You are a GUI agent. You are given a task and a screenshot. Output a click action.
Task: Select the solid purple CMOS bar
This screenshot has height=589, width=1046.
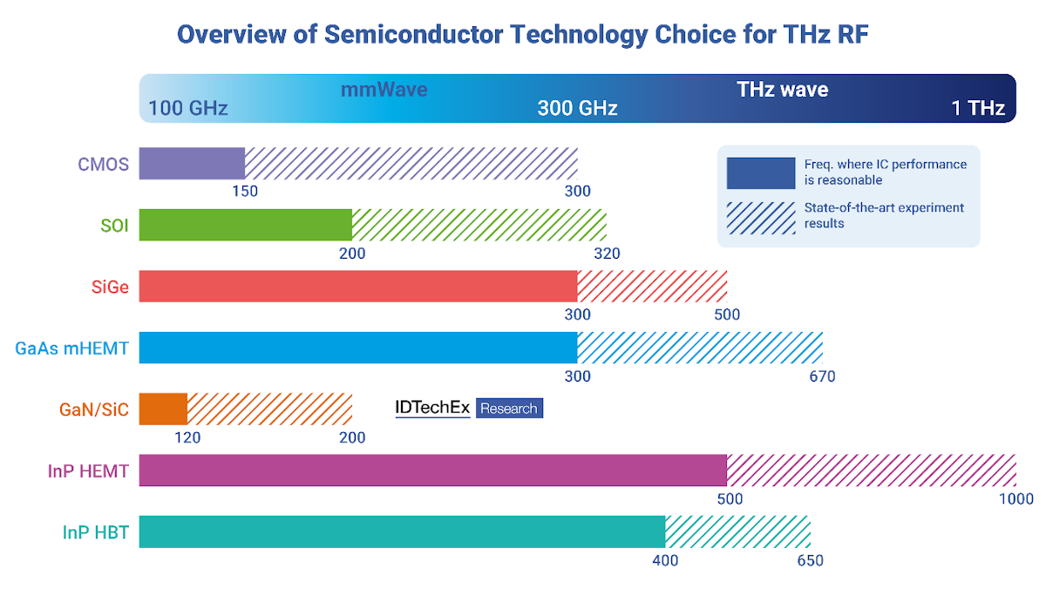pyautogui.click(x=192, y=164)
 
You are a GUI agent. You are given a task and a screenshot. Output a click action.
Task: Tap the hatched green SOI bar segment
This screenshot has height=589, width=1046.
pyautogui.click(x=479, y=226)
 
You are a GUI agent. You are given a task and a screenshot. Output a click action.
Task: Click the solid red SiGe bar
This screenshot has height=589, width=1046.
pyautogui.click(x=357, y=287)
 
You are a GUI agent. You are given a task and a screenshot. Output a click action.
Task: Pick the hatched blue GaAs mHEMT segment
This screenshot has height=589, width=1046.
pyautogui.click(x=700, y=348)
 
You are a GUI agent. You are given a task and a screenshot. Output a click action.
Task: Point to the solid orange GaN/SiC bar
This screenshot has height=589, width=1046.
pyautogui.click(x=163, y=409)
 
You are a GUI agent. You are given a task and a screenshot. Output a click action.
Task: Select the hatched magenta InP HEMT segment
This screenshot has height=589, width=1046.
pyautogui.click(x=871, y=471)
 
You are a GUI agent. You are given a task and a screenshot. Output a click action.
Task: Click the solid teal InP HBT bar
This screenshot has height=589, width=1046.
pyautogui.click(x=401, y=531)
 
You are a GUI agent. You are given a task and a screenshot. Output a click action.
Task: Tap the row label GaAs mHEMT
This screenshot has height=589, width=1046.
pyautogui.click(x=71, y=349)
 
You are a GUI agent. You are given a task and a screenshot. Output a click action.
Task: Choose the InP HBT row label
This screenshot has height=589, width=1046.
pyautogui.click(x=96, y=532)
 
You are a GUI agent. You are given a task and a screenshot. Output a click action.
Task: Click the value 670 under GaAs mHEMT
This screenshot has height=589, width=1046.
pyautogui.click(x=821, y=376)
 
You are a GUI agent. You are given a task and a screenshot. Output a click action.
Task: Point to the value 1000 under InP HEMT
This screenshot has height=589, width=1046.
pyautogui.click(x=1016, y=499)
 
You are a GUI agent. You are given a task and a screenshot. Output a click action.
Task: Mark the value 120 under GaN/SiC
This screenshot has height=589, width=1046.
pyautogui.click(x=187, y=437)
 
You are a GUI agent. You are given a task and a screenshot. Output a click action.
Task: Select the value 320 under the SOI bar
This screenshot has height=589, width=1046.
pyautogui.click(x=607, y=254)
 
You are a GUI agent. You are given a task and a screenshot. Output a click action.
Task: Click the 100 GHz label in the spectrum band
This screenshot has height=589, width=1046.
pyautogui.click(x=187, y=108)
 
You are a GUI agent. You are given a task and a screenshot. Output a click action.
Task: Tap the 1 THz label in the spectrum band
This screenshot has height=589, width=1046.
pyautogui.click(x=978, y=108)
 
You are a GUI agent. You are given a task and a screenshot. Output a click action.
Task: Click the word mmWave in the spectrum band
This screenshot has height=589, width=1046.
pyautogui.click(x=384, y=89)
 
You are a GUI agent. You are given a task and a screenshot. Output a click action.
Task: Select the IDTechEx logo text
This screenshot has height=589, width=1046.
pyautogui.click(x=433, y=408)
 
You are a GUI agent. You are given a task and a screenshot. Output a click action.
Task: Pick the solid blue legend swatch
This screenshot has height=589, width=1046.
pyautogui.click(x=760, y=173)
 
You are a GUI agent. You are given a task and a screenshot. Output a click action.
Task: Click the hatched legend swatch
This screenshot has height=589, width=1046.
pyautogui.click(x=760, y=217)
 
